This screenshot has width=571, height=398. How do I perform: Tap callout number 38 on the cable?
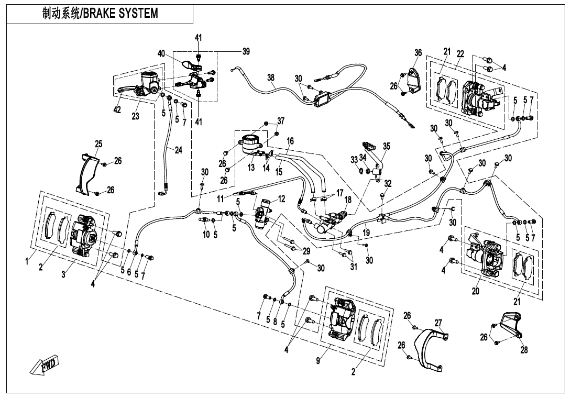tap(270, 78)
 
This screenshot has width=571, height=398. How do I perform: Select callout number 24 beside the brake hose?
tap(178, 150)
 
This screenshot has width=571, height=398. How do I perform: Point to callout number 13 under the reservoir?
tap(251, 168)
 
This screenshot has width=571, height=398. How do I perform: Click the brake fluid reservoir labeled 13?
tap(249, 143)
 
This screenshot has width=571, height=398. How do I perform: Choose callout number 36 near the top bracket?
tap(418, 52)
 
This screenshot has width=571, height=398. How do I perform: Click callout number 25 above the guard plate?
tap(98, 143)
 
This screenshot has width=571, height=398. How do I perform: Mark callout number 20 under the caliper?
tap(475, 291)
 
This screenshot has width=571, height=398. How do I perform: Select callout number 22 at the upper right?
tap(460, 53)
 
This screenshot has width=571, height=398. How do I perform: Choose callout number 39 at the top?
tap(246, 51)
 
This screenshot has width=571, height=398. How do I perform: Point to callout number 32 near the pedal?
tap(388, 183)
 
